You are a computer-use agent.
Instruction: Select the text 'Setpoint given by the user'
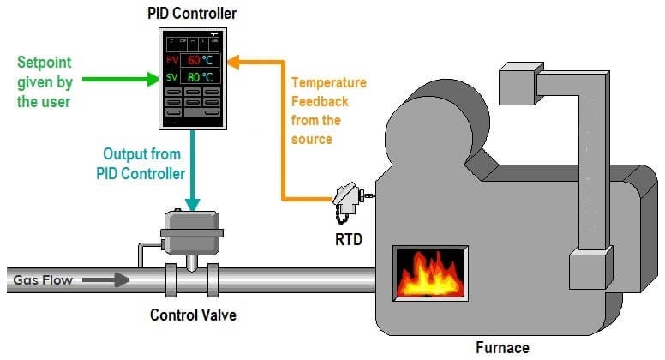(x=46, y=82)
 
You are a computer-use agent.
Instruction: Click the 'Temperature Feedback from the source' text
(x=328, y=111)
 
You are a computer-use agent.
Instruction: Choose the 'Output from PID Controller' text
(x=141, y=163)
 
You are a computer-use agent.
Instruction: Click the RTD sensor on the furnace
(x=350, y=197)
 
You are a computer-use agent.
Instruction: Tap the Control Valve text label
(x=193, y=315)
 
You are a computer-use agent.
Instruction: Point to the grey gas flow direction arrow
(x=108, y=279)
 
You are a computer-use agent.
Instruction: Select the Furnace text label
(x=503, y=347)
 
